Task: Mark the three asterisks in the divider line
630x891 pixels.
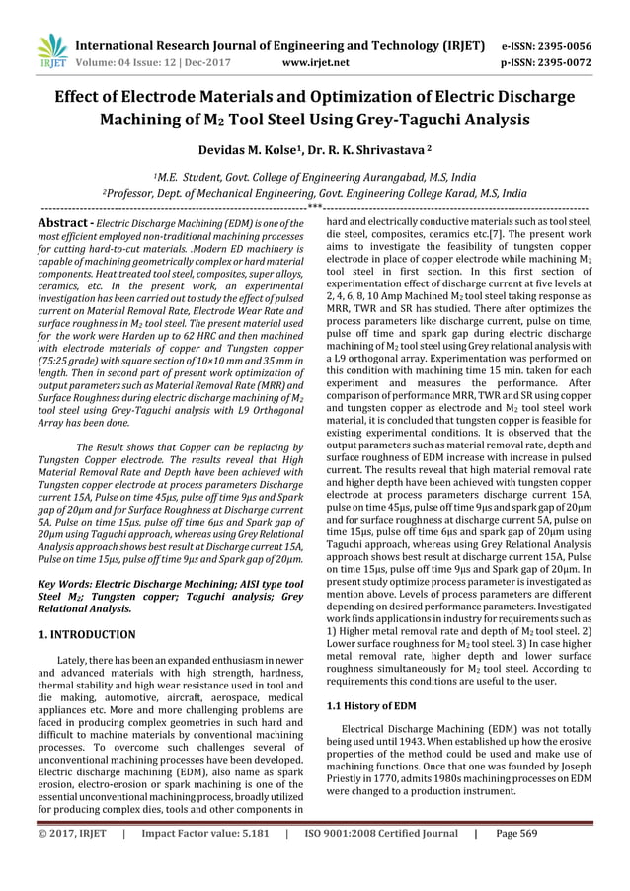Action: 315,208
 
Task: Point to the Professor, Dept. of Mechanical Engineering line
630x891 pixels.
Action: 314,195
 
